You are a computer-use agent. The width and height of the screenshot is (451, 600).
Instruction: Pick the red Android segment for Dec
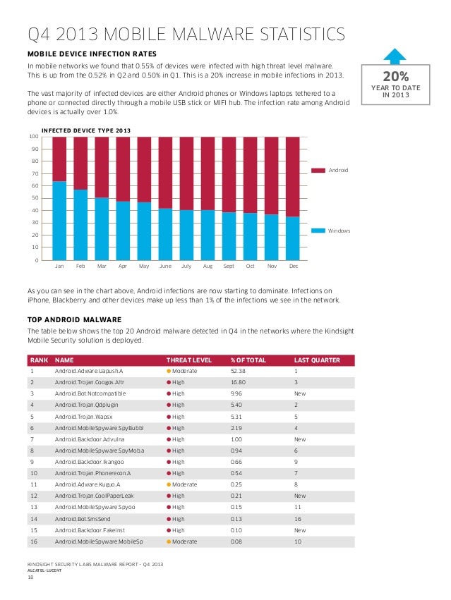coord(293,176)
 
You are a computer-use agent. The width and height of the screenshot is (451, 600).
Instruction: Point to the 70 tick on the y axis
coord(35,173)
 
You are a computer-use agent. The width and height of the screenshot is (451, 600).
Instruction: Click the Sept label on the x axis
coord(229,267)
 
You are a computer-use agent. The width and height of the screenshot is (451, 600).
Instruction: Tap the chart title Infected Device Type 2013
coord(86,130)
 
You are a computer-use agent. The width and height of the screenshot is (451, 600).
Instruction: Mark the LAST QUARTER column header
coord(317,360)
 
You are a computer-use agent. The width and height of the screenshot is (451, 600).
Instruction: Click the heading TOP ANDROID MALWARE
coord(74,319)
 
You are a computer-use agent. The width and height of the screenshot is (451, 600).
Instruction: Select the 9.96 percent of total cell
coord(236,393)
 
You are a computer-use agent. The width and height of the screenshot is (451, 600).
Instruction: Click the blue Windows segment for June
coord(165,234)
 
